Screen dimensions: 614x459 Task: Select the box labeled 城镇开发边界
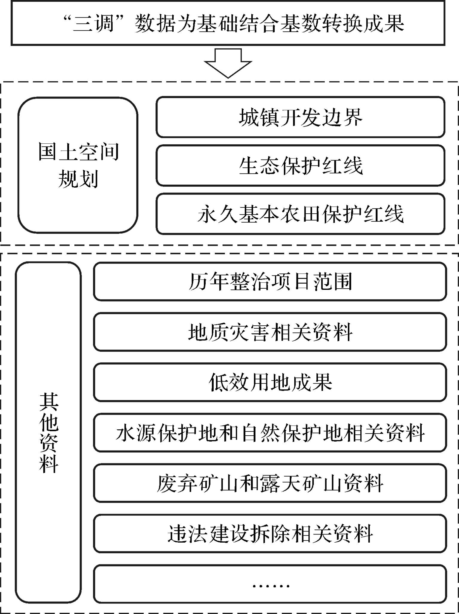click(x=300, y=117)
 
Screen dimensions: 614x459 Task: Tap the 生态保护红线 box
click(x=300, y=166)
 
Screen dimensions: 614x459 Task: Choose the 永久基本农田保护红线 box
click(x=300, y=214)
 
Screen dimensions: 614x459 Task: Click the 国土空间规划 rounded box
click(x=78, y=165)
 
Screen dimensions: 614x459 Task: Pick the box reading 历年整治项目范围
click(x=270, y=281)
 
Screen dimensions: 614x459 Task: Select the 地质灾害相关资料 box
click(x=270, y=332)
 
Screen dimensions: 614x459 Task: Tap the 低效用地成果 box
click(x=270, y=382)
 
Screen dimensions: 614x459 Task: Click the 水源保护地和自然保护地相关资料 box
click(x=270, y=433)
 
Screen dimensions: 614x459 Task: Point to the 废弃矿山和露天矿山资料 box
click(x=270, y=483)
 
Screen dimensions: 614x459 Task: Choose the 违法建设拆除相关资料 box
click(x=270, y=534)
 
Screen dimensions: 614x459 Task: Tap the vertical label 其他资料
click(x=49, y=433)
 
